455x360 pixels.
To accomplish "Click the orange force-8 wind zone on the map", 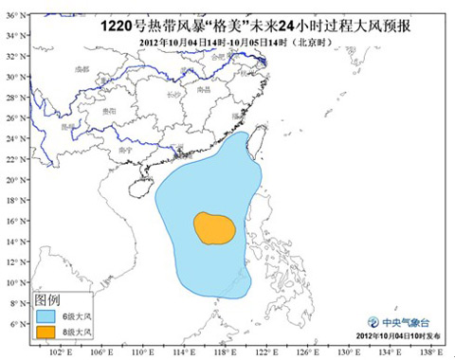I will (214, 228).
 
